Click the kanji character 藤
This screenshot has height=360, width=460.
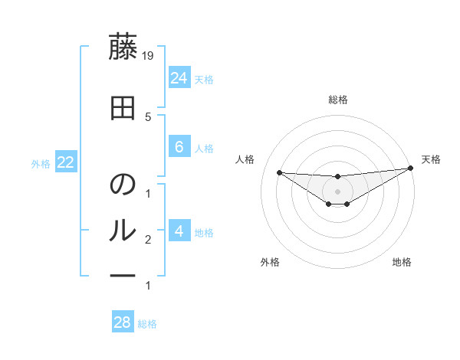point(123,48)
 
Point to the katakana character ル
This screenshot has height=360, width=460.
point(123,229)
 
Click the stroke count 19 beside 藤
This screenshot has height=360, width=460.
point(148,55)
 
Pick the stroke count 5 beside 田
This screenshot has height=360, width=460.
point(148,116)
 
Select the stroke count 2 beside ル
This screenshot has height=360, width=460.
point(148,240)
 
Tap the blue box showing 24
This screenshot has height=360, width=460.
point(179,77)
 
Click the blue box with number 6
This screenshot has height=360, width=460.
point(179,147)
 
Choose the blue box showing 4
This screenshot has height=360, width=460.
point(179,231)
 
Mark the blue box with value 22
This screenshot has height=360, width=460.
point(65,162)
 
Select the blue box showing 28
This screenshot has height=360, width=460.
point(123,322)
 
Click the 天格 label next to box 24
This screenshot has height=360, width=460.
point(204,79)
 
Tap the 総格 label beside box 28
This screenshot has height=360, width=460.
point(148,324)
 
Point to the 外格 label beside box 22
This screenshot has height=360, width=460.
point(41,164)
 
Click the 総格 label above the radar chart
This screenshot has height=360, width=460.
point(338,100)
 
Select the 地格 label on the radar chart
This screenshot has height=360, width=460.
point(402,262)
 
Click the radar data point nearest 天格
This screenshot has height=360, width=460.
point(411,169)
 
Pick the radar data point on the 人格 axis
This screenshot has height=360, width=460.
point(279,172)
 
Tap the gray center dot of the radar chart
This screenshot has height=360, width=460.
point(337,191)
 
